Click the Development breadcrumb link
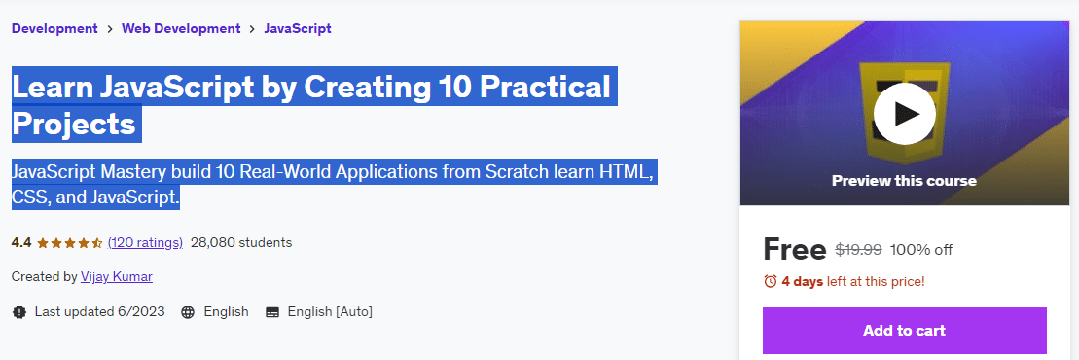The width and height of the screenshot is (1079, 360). pos(55,28)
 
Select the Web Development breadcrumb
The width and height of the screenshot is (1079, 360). pos(181,28)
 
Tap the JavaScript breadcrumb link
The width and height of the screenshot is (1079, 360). pos(298,28)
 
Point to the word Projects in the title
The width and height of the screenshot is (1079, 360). pos(74,124)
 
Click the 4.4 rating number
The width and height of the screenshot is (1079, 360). pos(21,242)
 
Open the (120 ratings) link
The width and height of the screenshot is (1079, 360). pos(145,242)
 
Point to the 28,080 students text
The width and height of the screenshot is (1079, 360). pos(241,242)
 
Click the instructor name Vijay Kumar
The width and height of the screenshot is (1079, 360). pos(117,276)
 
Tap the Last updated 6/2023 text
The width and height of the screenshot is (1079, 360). pos(100,311)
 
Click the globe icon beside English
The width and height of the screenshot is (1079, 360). pos(188,311)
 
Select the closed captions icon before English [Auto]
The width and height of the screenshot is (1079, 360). pos(272,311)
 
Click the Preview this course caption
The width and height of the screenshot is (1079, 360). pos(904,181)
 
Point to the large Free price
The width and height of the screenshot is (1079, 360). pos(795,250)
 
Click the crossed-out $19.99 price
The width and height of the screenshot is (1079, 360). pos(859,250)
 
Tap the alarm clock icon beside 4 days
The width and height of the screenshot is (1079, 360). pos(771,281)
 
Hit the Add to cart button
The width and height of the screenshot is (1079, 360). pos(904,331)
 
